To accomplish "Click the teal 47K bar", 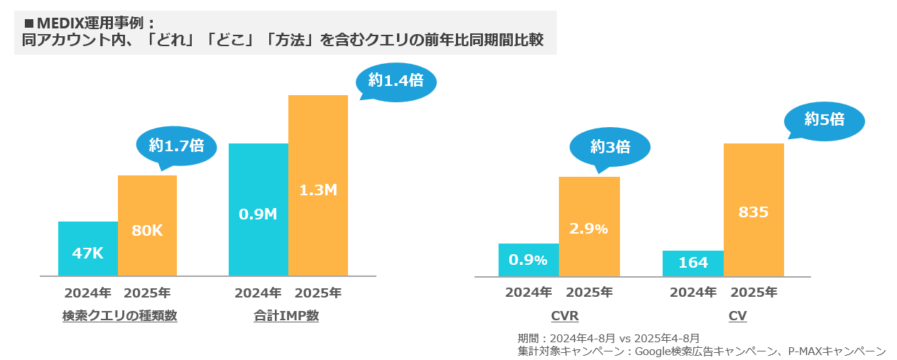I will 88,249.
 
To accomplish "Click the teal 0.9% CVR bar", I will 528,260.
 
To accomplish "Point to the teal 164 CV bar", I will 693,263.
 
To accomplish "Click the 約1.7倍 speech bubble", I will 176,146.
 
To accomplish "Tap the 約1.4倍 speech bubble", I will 396,81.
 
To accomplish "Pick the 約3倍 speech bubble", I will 610,147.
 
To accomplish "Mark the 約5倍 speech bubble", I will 825,120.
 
